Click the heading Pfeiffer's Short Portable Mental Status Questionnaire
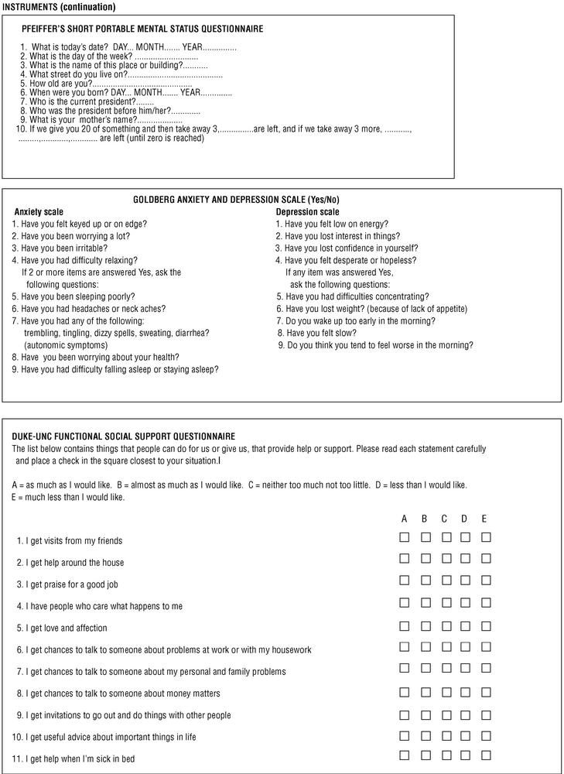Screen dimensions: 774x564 [x=142, y=29]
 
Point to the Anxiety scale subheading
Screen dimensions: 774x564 [x=39, y=212]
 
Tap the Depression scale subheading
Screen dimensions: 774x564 [x=307, y=212]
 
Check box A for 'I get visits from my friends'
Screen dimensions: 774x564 [x=404, y=537]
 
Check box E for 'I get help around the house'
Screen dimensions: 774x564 [x=486, y=558]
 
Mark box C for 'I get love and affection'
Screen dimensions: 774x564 [x=446, y=624]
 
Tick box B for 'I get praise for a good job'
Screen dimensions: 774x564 [x=425, y=580]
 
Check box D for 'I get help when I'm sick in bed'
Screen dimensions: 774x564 [x=466, y=755]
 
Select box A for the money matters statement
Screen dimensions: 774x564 [x=404, y=690]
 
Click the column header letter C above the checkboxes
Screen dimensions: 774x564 [x=444, y=518]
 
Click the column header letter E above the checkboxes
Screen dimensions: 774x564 [x=484, y=518]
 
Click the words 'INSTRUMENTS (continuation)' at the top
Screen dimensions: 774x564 [x=59, y=7]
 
